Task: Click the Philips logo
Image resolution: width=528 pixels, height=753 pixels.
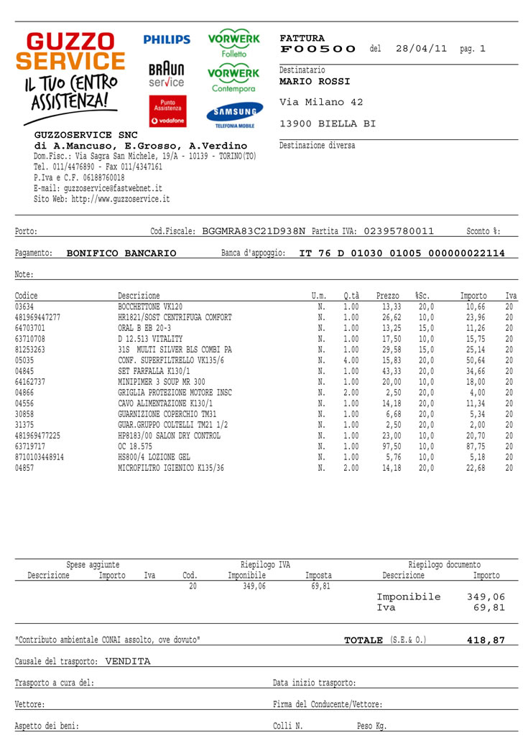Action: coord(167,40)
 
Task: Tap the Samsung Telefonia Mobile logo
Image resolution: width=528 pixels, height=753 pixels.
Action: coord(234,115)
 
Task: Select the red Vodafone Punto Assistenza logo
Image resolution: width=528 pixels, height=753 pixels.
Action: coord(167,112)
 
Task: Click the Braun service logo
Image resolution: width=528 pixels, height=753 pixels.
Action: coord(167,75)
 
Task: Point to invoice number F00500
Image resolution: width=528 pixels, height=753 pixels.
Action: coord(318,49)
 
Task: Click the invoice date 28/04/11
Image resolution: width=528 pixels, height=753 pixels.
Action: coord(421,49)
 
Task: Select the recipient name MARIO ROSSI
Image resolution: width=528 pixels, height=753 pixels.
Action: coord(315,82)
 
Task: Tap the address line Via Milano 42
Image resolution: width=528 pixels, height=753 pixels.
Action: coord(321,102)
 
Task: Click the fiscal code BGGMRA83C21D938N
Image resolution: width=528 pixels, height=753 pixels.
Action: coord(254,231)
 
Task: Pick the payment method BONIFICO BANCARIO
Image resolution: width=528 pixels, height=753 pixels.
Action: coord(121,253)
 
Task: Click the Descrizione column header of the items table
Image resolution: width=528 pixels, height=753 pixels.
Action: coord(139,296)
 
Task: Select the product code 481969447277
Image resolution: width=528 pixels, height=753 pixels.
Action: coord(37,317)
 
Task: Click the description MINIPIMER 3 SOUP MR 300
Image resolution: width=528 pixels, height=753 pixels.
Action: coord(162,382)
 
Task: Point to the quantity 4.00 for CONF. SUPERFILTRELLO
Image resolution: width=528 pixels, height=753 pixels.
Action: coord(351,360)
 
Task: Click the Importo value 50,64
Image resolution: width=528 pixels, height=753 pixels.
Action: coord(476,360)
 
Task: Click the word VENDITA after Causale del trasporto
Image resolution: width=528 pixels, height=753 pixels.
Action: coord(128,662)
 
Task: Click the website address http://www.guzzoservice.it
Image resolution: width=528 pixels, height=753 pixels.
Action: coord(121,199)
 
